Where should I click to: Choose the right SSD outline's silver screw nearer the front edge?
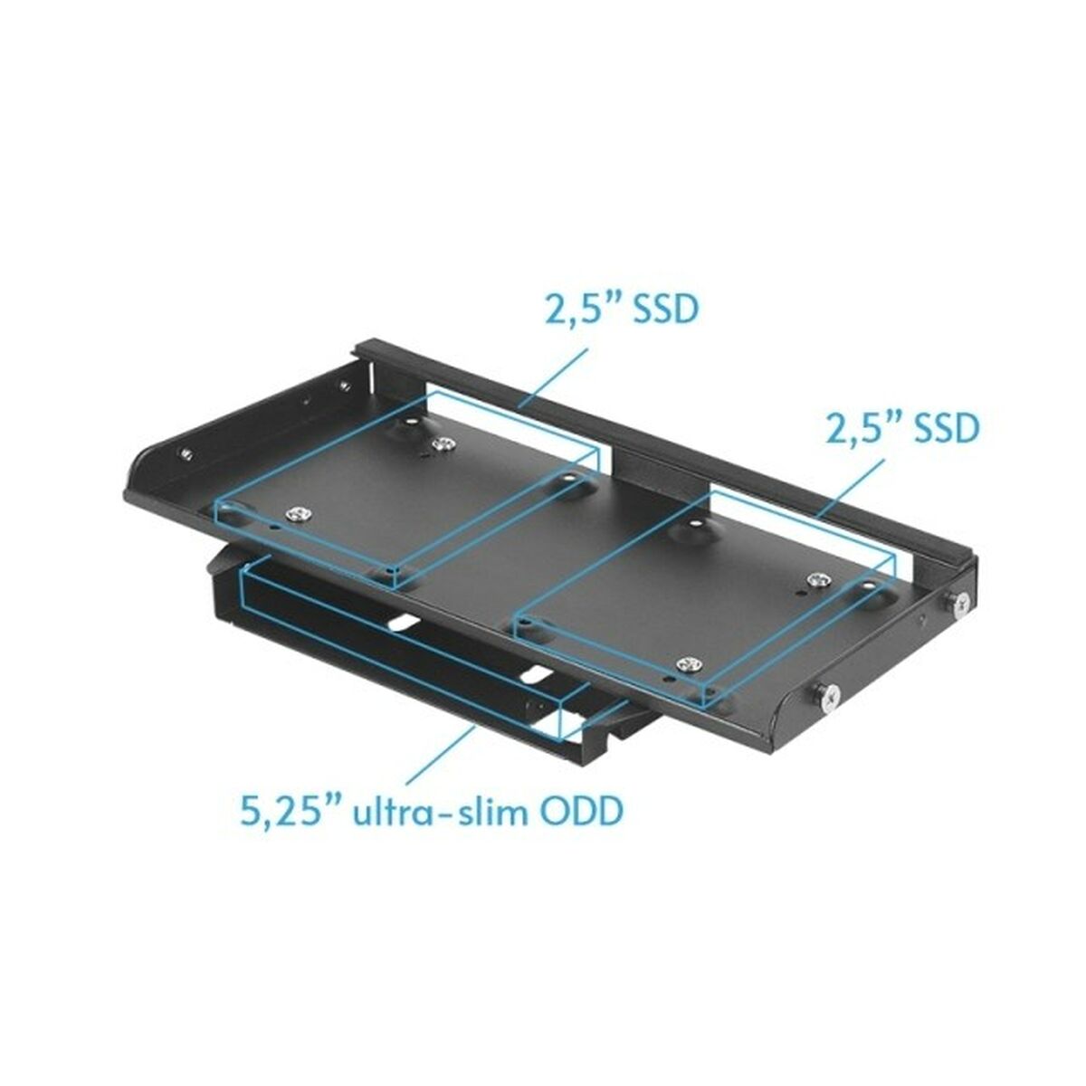pos(690,663)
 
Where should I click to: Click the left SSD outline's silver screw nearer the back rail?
pos(443,443)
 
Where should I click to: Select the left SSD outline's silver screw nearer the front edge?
pos(298,515)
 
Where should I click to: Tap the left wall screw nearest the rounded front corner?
pos(185,453)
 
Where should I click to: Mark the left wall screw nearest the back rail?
pos(345,386)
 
